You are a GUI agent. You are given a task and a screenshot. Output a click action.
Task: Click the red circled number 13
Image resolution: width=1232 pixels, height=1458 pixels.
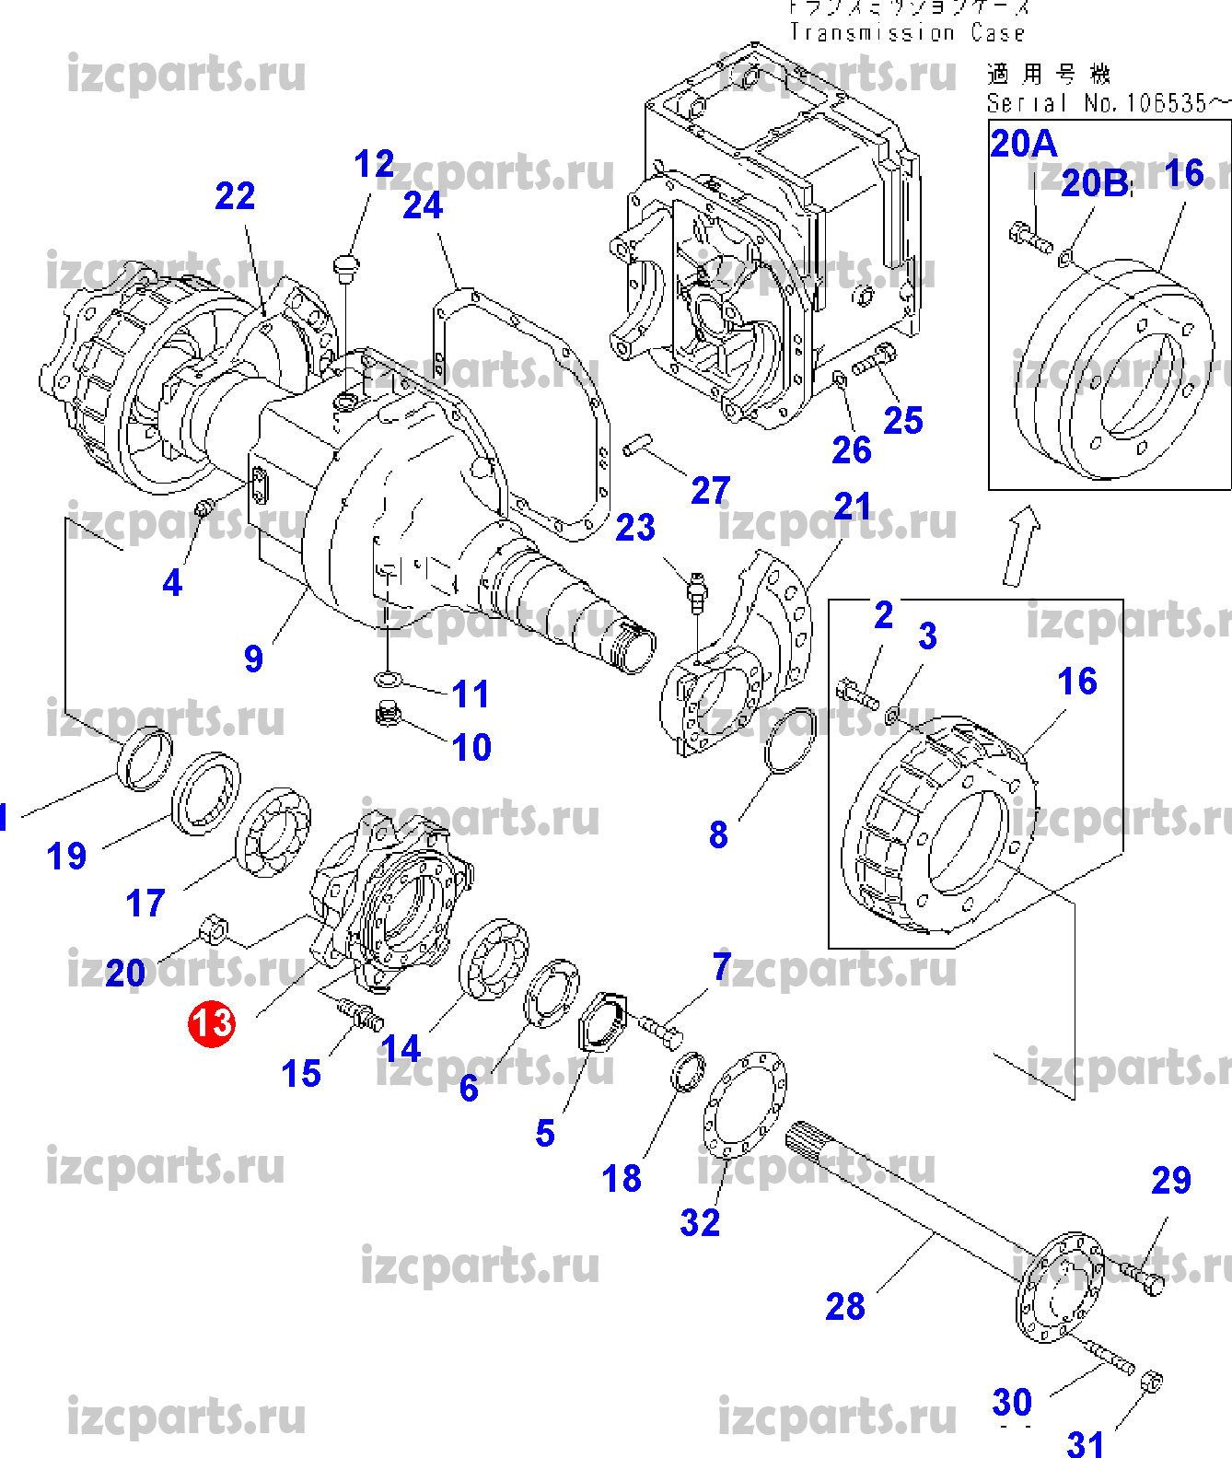[x=212, y=1023]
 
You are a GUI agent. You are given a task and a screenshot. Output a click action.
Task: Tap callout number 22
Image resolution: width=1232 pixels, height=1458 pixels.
[x=235, y=196]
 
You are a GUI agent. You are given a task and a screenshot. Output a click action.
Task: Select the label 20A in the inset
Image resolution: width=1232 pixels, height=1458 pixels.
[x=1023, y=144]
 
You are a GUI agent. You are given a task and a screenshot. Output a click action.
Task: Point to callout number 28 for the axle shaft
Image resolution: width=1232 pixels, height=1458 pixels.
[x=844, y=1306]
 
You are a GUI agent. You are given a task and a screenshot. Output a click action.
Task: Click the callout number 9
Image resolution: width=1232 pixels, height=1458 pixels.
[x=253, y=659]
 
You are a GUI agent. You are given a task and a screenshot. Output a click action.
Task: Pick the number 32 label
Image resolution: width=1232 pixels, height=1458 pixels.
[x=700, y=1222]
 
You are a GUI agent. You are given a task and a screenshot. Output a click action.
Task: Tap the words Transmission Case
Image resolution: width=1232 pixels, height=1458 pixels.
[x=907, y=33]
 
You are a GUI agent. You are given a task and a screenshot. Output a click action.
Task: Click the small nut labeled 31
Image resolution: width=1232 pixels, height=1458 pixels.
[x=1151, y=1382]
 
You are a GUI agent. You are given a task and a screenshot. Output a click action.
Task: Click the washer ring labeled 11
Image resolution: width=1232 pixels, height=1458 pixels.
[x=389, y=680]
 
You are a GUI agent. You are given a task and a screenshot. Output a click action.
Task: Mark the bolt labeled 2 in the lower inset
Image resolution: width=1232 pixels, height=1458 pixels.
[x=857, y=691]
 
